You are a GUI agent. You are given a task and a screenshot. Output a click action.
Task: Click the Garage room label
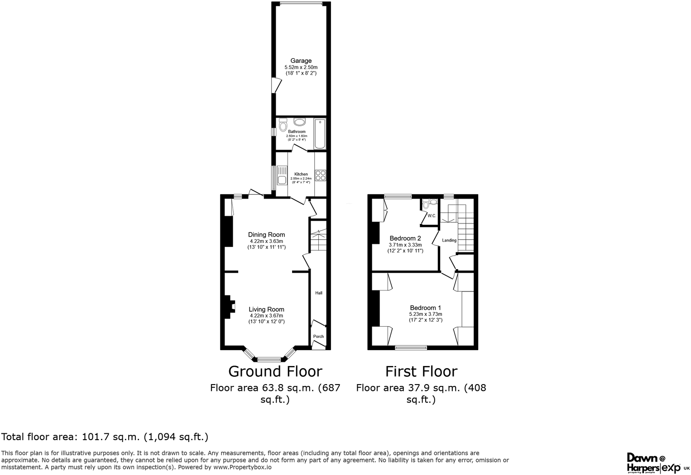(301, 61)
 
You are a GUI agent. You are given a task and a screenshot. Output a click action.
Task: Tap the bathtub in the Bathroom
(320, 133)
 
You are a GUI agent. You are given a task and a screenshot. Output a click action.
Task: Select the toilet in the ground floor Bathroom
(283, 124)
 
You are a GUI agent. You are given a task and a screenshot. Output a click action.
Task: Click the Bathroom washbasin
(299, 122)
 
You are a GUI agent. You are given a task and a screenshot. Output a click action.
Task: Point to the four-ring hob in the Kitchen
(321, 175)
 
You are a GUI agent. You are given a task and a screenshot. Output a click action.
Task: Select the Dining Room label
(266, 234)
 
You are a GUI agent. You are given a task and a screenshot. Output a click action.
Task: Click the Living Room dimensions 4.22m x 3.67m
(266, 316)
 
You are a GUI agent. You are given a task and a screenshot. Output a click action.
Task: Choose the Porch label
(318, 337)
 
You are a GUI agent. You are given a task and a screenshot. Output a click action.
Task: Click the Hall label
(319, 293)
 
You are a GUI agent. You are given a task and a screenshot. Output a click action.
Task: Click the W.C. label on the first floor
(432, 216)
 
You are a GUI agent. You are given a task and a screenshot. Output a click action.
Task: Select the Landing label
(449, 240)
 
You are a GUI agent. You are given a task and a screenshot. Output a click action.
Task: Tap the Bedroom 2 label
(405, 238)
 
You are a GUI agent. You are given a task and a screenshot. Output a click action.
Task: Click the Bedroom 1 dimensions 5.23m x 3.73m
(425, 314)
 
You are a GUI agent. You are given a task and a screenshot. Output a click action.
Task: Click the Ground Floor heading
(275, 371)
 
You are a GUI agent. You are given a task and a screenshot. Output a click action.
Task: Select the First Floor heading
(421, 371)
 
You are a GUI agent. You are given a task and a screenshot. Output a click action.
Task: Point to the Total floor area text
(105, 437)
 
